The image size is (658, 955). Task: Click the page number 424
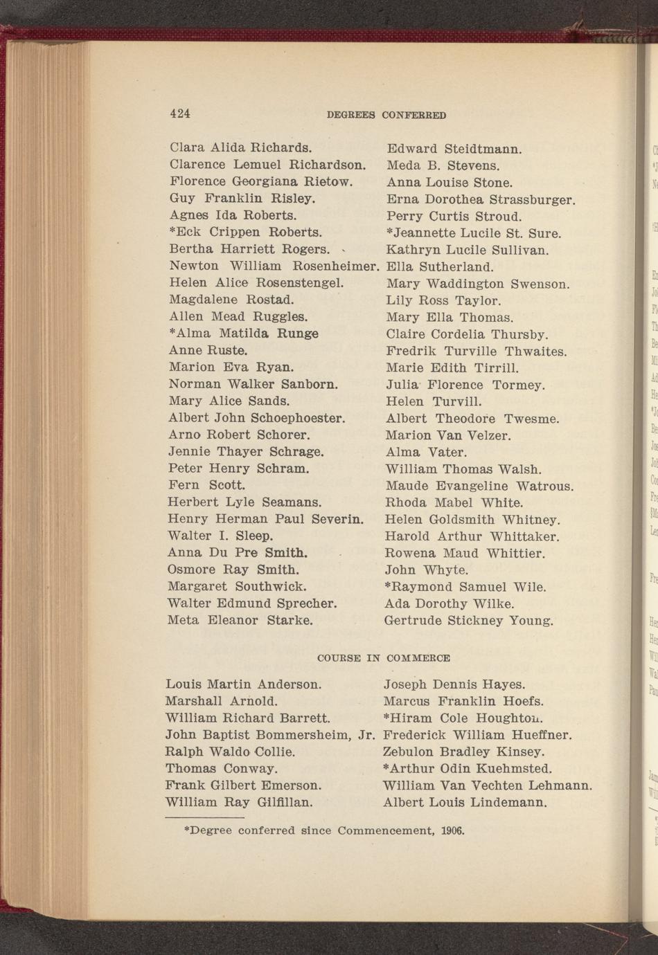click(x=180, y=114)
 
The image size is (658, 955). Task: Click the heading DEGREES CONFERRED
click(x=386, y=116)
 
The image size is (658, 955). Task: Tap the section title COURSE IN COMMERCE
click(x=383, y=658)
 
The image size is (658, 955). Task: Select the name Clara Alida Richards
click(x=240, y=147)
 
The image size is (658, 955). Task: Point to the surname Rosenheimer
click(x=337, y=266)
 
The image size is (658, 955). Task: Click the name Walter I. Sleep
click(x=220, y=536)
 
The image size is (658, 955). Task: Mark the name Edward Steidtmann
click(x=454, y=149)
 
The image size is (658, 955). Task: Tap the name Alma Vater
click(x=426, y=453)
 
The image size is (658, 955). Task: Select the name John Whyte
click(x=427, y=570)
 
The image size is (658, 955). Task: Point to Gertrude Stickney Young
click(x=470, y=621)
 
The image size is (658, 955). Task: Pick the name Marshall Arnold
click(x=222, y=701)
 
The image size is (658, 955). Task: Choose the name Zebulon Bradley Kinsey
click(x=464, y=752)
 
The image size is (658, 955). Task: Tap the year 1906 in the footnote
click(x=453, y=830)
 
